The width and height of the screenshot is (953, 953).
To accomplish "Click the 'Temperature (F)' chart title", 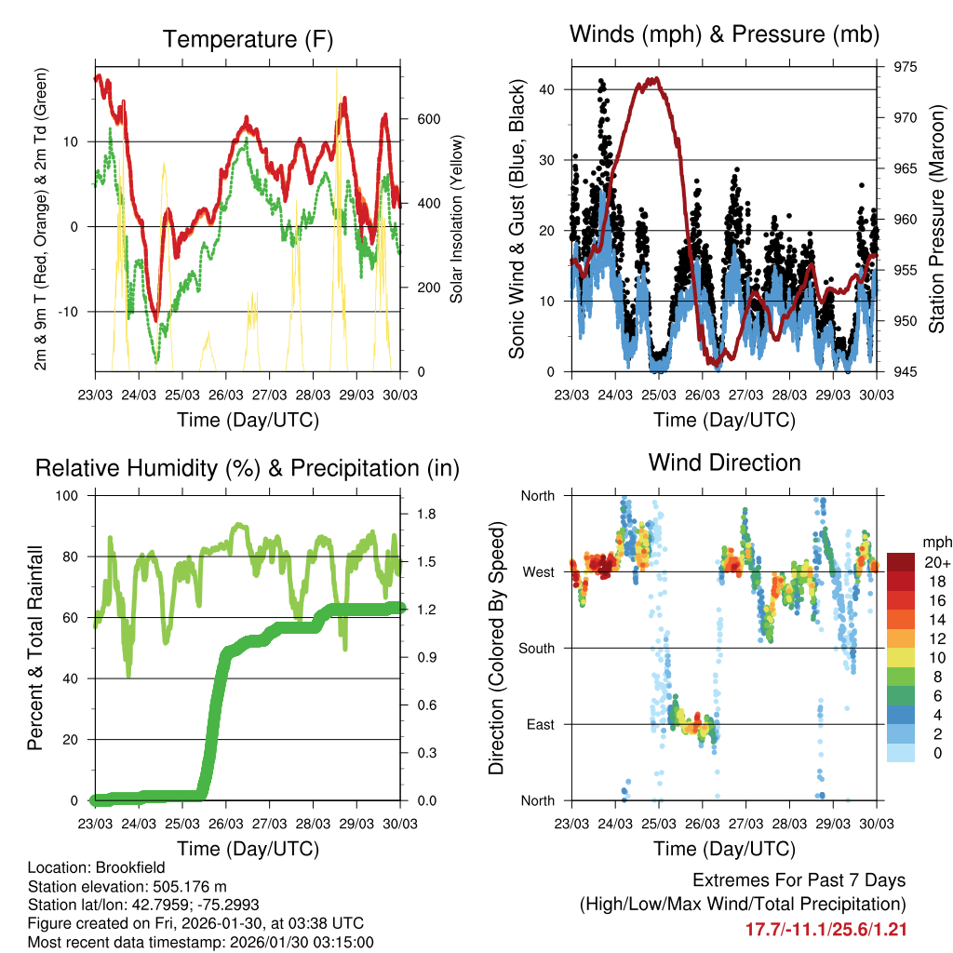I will click(248, 39).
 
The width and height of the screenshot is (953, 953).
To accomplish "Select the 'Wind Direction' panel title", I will click(724, 462).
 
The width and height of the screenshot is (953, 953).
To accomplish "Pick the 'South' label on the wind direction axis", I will click(536, 648).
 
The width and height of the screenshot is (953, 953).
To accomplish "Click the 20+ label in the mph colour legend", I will click(935, 562).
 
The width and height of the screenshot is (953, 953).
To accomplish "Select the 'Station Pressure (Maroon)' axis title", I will click(936, 219).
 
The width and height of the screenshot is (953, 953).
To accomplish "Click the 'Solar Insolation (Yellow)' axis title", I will click(457, 219).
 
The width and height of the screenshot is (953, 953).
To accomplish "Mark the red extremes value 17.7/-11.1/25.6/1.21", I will click(825, 929).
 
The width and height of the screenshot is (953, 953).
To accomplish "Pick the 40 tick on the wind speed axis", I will click(549, 89).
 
